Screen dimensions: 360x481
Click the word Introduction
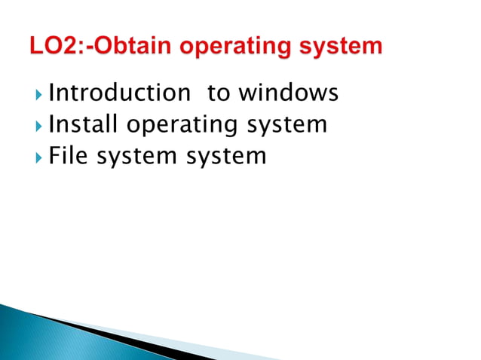(x=119, y=93)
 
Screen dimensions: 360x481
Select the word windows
(x=289, y=93)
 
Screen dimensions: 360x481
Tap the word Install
(x=82, y=124)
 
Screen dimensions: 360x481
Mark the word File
(x=69, y=156)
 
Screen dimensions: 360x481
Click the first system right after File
(x=137, y=157)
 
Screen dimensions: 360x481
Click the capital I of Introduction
(x=51, y=93)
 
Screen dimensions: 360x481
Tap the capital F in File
(x=54, y=156)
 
